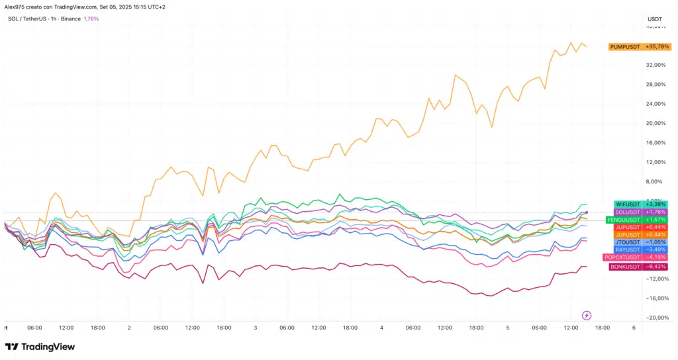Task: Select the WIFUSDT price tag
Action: pos(639,204)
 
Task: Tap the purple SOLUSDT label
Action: pos(639,212)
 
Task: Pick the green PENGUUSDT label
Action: pos(639,220)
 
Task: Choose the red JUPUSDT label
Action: pos(639,227)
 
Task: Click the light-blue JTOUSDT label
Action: pos(639,242)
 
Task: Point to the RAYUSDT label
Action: pos(639,249)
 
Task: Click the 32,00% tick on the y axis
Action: pos(655,65)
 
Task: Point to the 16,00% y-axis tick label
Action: pos(655,142)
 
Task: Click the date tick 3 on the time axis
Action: pos(256,328)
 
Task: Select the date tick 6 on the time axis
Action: pos(634,328)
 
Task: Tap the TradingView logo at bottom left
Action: pos(40,347)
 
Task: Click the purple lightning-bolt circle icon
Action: pos(586,315)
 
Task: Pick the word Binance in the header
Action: pos(70,19)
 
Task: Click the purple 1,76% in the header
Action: pos(91,19)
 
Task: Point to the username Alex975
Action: pos(15,7)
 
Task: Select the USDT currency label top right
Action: pos(654,19)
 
